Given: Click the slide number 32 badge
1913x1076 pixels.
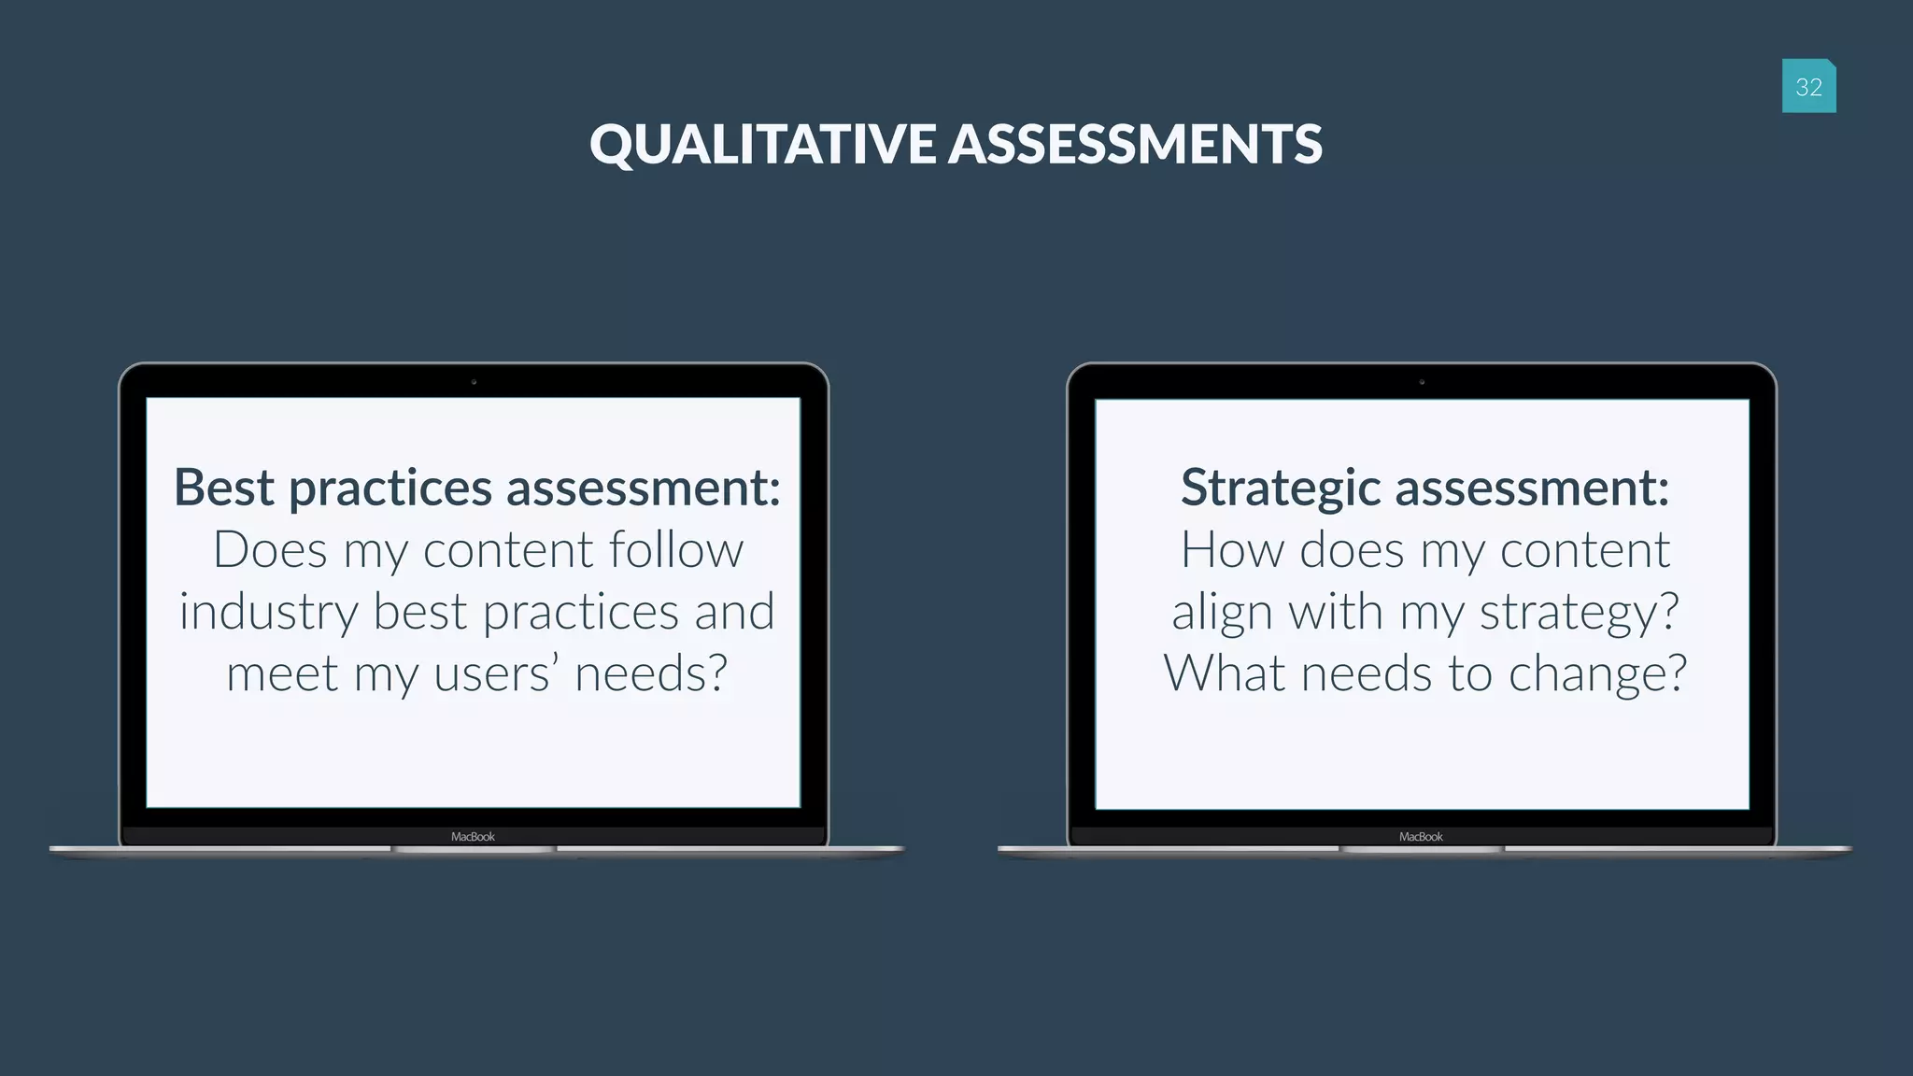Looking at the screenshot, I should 1808,86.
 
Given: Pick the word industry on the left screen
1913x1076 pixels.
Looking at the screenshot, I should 268,614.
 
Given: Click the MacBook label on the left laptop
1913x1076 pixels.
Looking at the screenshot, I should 473,837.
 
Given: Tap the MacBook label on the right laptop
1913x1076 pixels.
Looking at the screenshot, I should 1421,837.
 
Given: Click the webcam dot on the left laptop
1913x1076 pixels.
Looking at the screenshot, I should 474,382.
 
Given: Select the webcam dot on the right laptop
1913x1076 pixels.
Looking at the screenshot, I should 1422,382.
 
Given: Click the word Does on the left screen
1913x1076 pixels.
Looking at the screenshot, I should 270,549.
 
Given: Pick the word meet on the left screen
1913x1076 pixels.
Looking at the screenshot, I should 282,673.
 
